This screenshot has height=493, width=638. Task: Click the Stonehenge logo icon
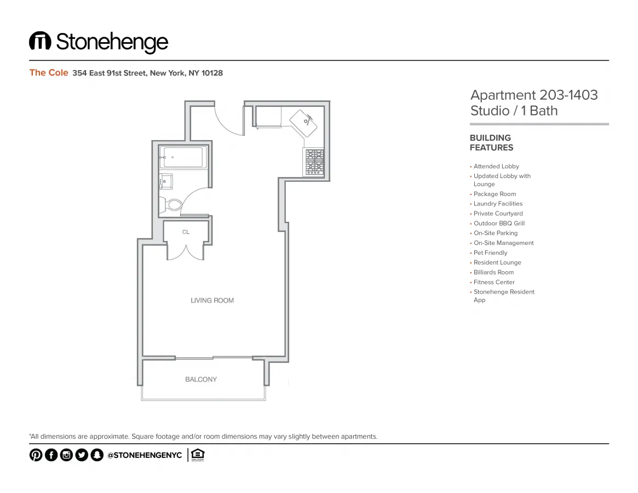[40, 41]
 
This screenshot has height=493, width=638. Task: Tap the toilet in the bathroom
[172, 205]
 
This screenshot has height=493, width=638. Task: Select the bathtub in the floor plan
[182, 157]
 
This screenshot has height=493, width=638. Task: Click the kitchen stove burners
[314, 162]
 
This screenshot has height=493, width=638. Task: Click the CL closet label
[186, 232]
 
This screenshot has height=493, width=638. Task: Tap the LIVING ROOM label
[212, 300]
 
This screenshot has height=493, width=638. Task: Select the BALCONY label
[201, 379]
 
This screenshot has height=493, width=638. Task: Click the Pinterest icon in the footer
[36, 455]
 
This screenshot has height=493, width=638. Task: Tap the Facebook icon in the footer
[51, 455]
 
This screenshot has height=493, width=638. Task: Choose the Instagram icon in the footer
[66, 455]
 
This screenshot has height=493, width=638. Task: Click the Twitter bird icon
[82, 455]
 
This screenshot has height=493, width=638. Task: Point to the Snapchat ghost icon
[97, 455]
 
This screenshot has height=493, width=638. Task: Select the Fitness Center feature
[494, 282]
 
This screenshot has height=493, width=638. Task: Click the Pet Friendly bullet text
[490, 253]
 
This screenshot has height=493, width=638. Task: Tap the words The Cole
[49, 73]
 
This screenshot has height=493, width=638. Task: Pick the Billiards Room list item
[493, 272]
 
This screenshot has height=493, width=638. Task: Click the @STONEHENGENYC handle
[145, 455]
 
